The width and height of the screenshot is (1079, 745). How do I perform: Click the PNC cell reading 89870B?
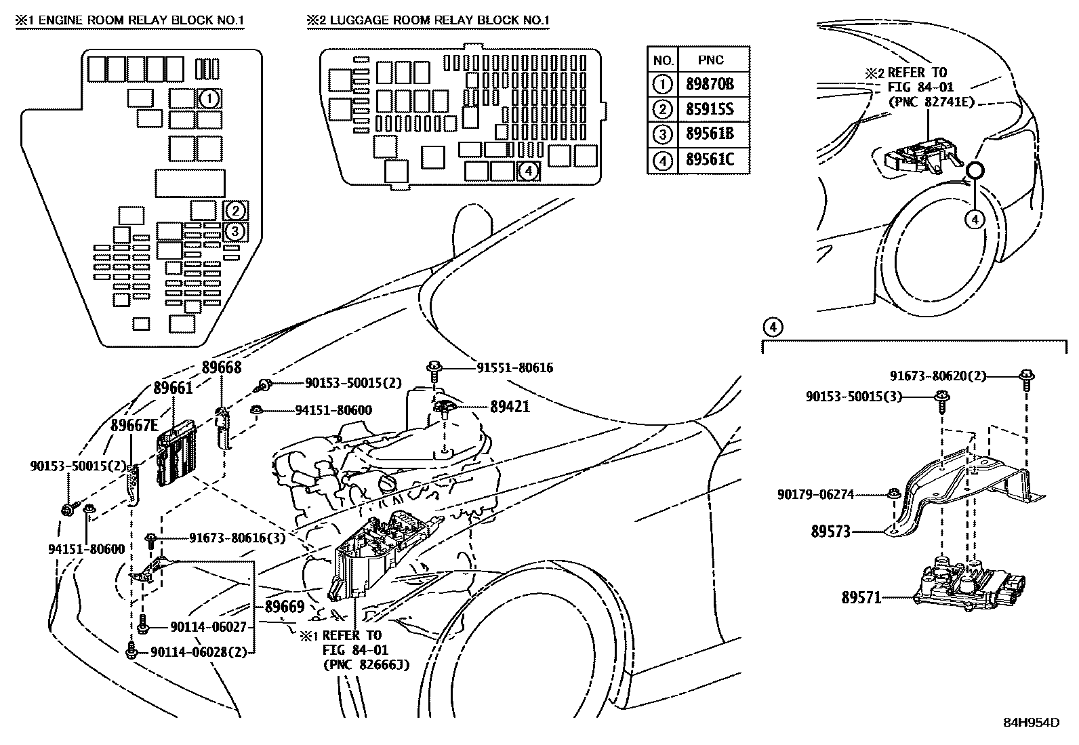710,85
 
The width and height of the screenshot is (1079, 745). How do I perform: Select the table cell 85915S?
710,109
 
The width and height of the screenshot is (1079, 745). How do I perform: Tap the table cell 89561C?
710,161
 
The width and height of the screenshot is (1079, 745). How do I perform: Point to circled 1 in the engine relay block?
209,99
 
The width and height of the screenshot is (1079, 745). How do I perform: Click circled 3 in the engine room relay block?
235,231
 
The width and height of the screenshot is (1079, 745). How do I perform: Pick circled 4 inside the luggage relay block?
528,172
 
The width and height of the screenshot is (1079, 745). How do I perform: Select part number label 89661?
173,388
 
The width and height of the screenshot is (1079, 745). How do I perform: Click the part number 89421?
510,407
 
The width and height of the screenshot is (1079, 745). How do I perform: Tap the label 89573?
830,532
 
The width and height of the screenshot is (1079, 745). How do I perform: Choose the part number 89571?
861,598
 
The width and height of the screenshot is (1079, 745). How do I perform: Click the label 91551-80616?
504,368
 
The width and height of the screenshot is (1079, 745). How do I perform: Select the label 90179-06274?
815,495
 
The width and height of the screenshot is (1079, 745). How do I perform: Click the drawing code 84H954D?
1031,722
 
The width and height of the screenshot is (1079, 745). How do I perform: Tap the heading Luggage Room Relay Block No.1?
428,20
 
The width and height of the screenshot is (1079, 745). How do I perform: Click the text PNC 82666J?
365,664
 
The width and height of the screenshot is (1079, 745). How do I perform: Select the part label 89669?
284,607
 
